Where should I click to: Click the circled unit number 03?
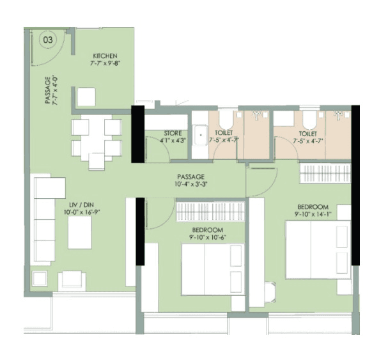pos(47,39)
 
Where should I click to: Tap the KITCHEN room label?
pos(104,56)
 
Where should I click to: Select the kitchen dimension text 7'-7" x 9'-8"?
pos(104,63)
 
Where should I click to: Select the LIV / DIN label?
pos(77,203)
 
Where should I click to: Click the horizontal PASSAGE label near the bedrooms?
pos(190,176)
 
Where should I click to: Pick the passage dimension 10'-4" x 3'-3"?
pos(190,185)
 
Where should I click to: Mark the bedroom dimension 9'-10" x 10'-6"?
pos(208,238)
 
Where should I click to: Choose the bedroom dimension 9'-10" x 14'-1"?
pos(313,215)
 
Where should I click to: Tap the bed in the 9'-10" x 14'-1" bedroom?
pos(318,249)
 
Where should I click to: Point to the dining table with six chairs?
pos(97,138)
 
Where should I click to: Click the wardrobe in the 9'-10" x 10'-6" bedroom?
pos(209,210)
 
